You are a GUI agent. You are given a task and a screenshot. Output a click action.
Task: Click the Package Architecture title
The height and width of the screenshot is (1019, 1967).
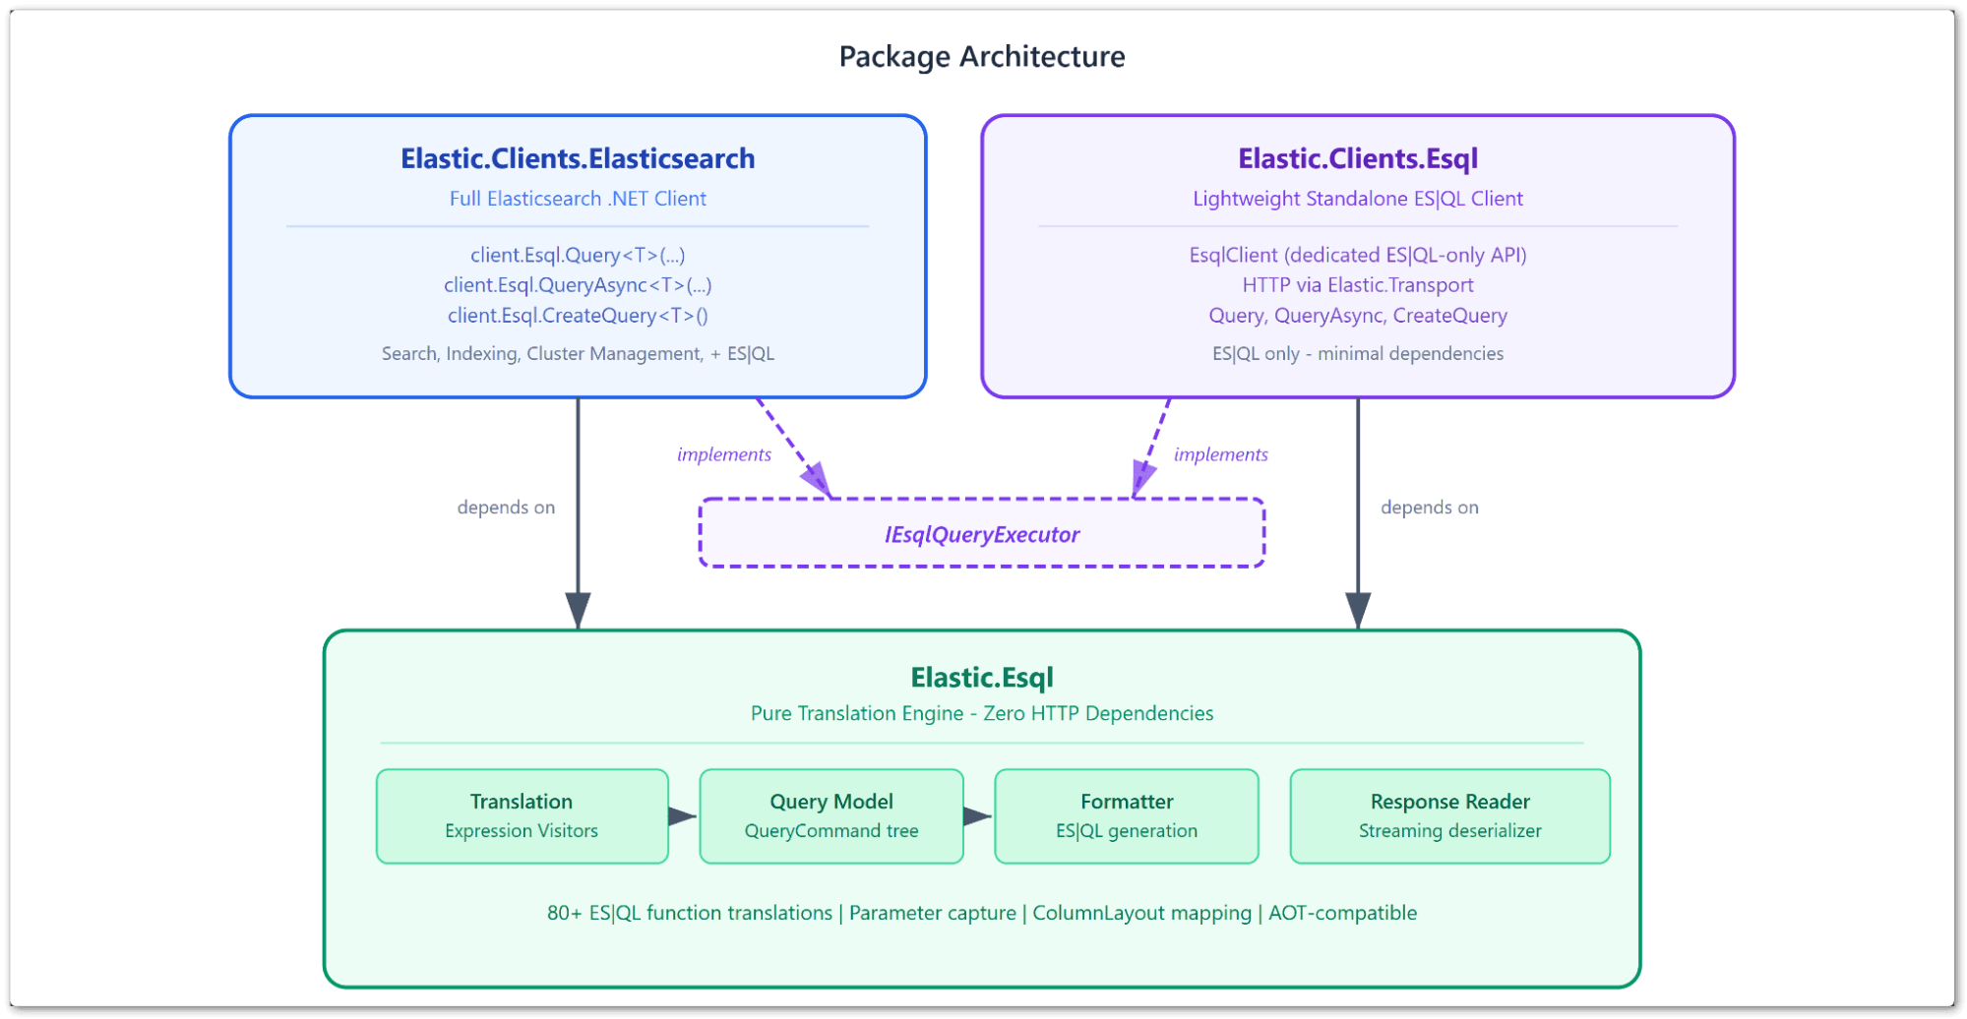(x=981, y=57)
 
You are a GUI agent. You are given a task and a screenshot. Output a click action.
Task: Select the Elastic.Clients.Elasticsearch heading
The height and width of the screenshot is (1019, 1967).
(x=578, y=158)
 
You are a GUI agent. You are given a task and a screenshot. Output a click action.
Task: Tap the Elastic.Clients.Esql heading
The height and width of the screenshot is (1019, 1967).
(x=1357, y=158)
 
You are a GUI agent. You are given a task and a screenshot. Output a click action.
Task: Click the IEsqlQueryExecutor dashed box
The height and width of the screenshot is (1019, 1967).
(x=981, y=534)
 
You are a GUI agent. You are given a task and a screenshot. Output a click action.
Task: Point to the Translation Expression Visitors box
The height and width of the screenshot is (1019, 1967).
(x=522, y=815)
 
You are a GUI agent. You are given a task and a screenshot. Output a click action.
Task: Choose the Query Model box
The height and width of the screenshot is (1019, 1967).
(x=830, y=815)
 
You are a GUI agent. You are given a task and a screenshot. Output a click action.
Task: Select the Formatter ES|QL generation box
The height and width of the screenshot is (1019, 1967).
(x=1126, y=815)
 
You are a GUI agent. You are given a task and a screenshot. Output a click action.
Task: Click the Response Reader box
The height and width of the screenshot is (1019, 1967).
(x=1448, y=815)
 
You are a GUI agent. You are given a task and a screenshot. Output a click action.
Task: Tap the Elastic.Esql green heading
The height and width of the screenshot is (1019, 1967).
(x=981, y=678)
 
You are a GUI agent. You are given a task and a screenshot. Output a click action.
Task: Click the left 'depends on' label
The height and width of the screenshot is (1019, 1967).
(x=506, y=508)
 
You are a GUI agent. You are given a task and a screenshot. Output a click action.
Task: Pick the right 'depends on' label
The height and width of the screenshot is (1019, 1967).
(x=1429, y=508)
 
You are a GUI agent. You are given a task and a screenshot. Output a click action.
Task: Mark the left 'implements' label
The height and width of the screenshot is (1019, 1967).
(x=723, y=454)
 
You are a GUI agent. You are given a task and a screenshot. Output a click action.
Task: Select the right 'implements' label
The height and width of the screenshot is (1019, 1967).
(x=1220, y=454)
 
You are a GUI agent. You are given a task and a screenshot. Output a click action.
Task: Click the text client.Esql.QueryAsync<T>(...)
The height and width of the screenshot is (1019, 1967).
(x=578, y=285)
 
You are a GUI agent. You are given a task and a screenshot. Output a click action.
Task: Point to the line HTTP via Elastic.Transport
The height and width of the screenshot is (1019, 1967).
(x=1357, y=285)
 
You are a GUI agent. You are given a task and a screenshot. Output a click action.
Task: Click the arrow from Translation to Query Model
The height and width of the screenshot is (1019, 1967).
(x=683, y=816)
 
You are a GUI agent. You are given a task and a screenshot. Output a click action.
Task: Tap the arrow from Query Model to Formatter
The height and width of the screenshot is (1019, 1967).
(x=978, y=816)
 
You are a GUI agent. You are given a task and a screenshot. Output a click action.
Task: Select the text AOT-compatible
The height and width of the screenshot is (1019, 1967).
(x=1342, y=913)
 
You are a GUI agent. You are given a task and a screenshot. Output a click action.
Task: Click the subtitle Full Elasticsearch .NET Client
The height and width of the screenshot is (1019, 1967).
(x=578, y=199)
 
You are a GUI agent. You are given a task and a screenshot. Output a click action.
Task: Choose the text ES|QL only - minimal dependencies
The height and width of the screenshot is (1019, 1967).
(x=1357, y=354)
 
